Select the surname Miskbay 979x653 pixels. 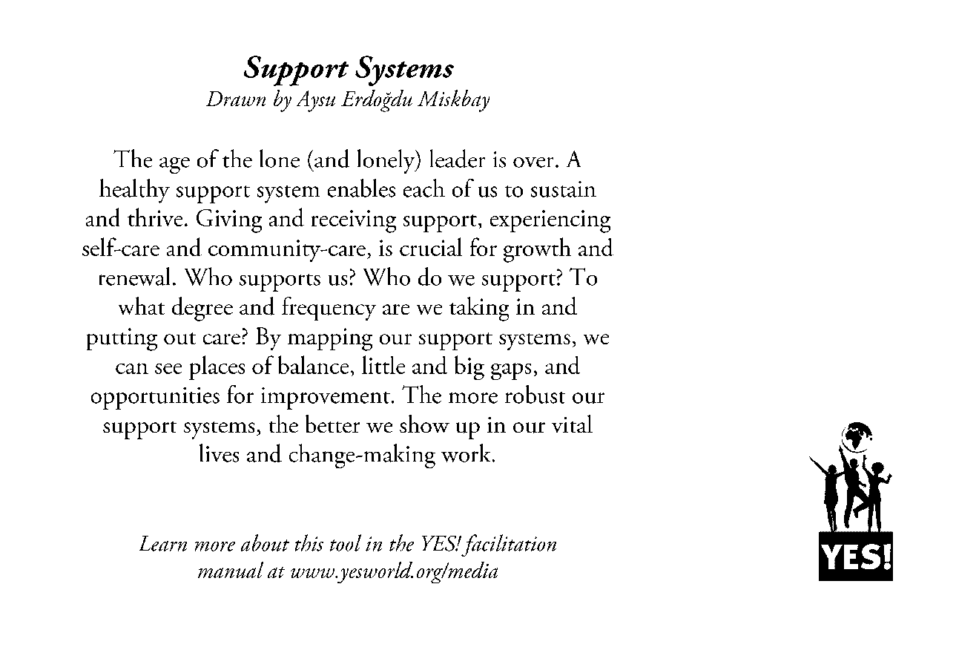[453, 100]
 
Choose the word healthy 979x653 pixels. [134, 190]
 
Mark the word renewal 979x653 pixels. [136, 278]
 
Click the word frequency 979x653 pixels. [328, 307]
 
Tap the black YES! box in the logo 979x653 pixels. [856, 556]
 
